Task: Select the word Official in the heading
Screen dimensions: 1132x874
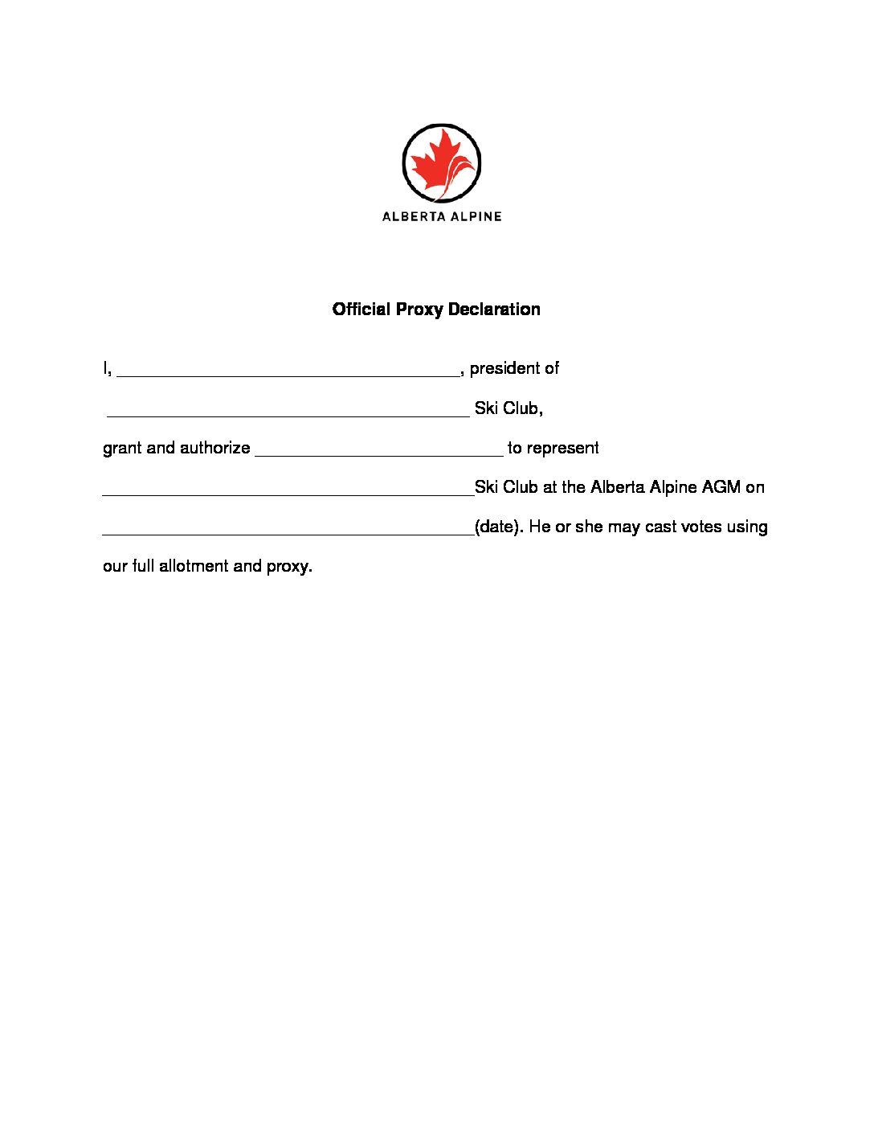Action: point(361,310)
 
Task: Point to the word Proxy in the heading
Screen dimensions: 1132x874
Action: point(419,310)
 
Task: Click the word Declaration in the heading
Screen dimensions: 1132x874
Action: point(494,310)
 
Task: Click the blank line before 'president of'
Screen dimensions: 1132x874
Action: point(288,373)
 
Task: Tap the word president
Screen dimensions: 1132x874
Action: point(504,368)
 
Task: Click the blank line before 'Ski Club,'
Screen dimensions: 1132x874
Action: point(288,414)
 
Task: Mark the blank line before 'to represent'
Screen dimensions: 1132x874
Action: point(378,453)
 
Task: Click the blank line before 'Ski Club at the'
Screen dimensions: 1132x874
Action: point(288,493)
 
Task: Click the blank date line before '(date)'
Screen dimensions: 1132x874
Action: point(288,532)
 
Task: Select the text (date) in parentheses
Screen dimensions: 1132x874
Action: point(498,527)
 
